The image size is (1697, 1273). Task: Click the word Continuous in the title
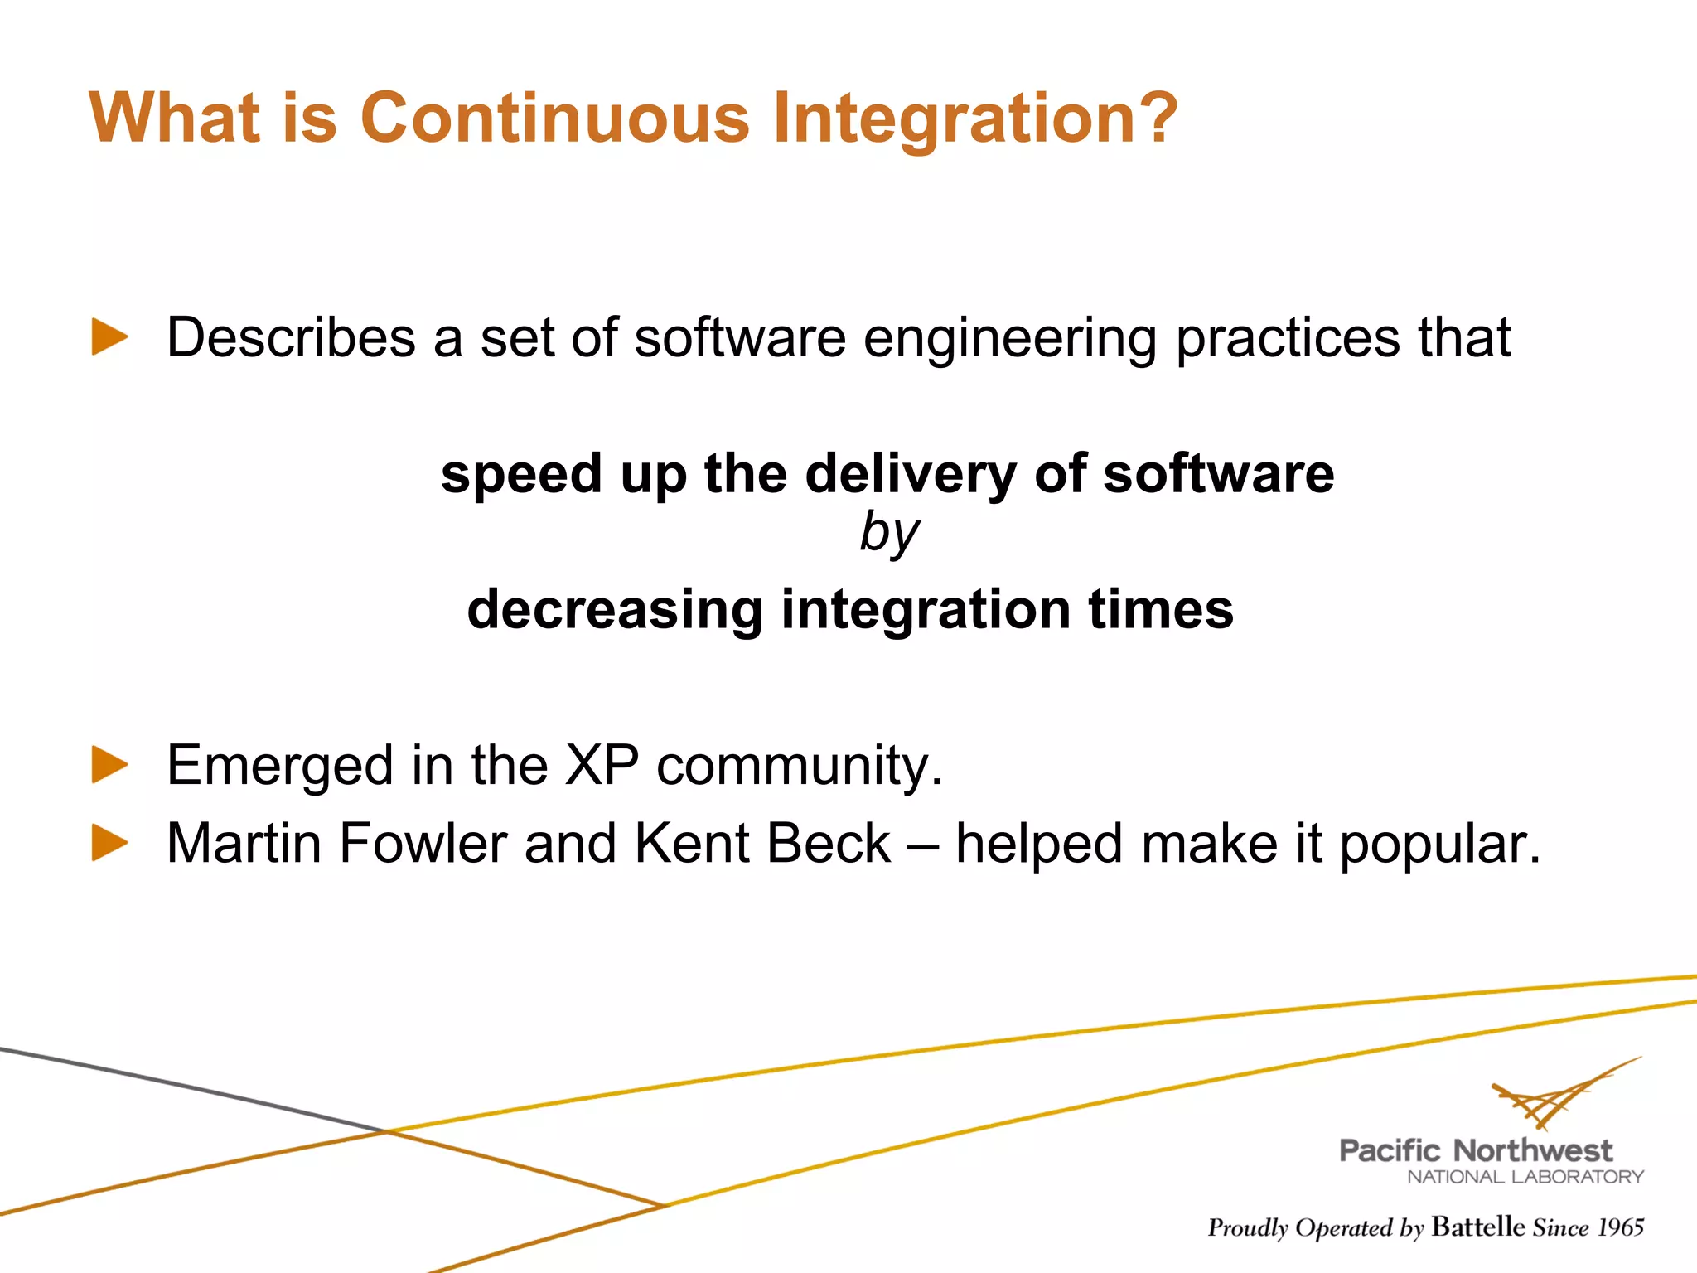point(554,118)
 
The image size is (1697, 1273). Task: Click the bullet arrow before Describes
point(109,337)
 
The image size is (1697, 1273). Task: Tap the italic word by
point(888,533)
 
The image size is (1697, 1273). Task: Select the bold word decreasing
point(614,610)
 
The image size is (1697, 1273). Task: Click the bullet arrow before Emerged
point(109,764)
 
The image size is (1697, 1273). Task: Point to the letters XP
point(602,764)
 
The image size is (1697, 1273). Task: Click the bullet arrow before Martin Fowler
point(109,843)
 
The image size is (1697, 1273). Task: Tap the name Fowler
point(423,844)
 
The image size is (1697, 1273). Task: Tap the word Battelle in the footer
point(1477,1227)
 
